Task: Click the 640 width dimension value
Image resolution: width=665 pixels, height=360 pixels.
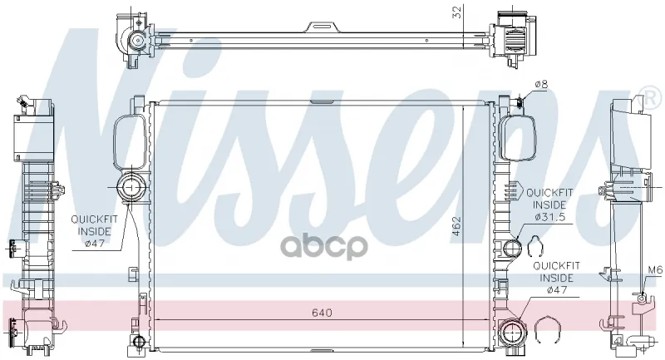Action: tap(322, 313)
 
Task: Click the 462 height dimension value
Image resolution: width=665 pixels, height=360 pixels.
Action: tap(456, 229)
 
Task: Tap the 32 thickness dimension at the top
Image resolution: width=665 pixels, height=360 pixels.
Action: tap(457, 12)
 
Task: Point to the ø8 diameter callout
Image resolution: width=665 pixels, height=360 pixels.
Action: tap(541, 84)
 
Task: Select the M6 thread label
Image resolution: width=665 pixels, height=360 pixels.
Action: tap(655, 270)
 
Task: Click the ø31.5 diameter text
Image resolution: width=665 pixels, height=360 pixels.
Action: tap(550, 217)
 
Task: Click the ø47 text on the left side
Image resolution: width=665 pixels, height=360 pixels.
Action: tap(95, 244)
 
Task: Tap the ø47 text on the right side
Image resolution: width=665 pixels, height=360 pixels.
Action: tap(556, 290)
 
